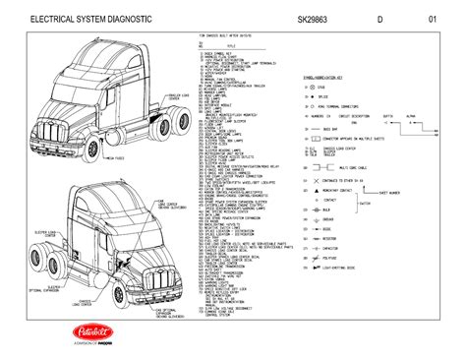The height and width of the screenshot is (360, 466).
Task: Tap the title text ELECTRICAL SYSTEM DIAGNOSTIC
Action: click(91, 20)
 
